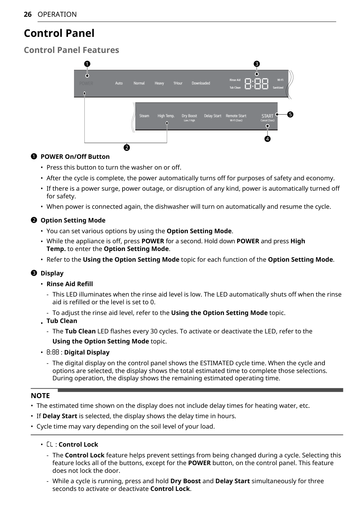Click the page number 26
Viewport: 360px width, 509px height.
28,14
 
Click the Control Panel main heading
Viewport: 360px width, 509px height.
59,33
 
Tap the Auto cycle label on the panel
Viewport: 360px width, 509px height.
119,83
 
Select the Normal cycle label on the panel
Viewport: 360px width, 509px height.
139,83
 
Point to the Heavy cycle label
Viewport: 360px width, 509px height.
159,83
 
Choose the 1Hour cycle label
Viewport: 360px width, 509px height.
178,83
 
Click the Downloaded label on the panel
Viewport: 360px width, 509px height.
201,83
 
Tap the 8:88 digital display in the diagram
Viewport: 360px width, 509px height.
257,84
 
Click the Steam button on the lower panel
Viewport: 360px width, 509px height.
144,116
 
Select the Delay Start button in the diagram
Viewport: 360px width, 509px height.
213,116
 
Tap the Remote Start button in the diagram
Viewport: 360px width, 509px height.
236,116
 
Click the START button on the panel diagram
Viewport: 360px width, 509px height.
267,116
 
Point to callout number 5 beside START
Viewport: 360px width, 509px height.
290,115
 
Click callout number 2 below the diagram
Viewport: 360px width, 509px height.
127,148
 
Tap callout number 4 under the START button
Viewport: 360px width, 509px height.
267,139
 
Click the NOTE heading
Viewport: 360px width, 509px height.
40,396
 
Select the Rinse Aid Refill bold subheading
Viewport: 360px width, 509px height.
70,284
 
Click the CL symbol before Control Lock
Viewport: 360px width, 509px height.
50,445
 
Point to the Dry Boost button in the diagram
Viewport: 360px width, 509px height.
189,116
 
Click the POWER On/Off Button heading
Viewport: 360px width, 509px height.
75,157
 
